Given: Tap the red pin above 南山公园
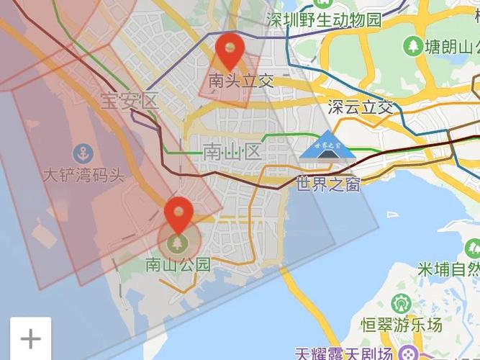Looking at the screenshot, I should coord(178,213).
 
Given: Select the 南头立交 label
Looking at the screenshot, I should coord(241,81).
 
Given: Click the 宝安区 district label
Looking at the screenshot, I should coord(129,101).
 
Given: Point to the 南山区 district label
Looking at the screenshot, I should coord(231,152).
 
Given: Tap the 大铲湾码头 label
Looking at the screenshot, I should coord(83,175).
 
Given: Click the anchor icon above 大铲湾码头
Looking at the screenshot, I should coord(83,153).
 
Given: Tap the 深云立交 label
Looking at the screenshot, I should coord(361,107).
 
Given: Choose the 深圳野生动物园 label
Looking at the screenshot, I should coord(324,19).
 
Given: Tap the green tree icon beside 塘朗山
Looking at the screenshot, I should coord(414,46).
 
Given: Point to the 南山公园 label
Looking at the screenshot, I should coord(178,264).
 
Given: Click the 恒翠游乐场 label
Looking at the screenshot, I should coord(402,325).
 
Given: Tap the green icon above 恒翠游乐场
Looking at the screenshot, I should coord(401,303).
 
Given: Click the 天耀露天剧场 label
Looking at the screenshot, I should coord(343,354).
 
